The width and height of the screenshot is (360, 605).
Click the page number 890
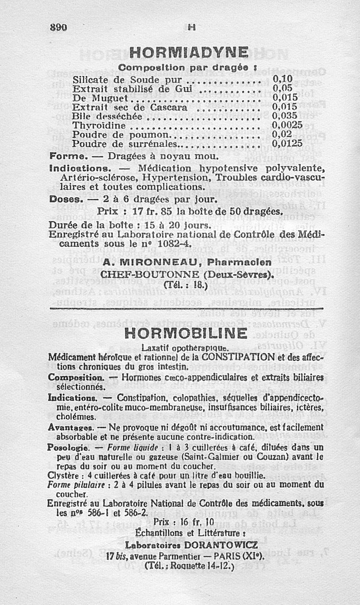tap(58, 27)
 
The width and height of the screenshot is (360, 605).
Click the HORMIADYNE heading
tap(189, 52)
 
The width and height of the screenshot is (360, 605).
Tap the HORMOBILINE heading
tap(185, 334)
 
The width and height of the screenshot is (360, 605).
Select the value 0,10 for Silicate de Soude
tap(283, 80)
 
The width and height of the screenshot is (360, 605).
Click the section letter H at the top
tap(191, 27)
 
